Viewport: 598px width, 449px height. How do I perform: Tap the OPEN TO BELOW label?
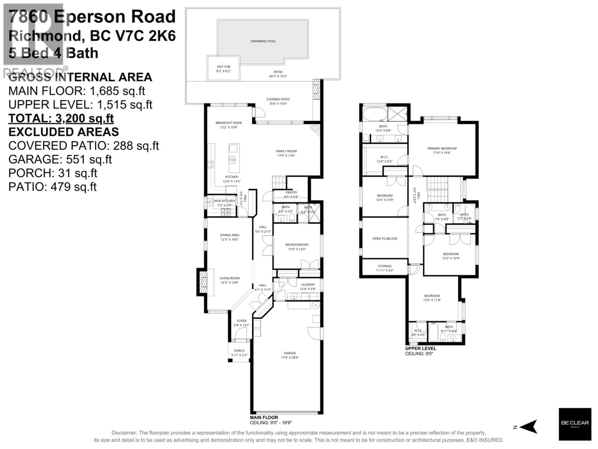385,238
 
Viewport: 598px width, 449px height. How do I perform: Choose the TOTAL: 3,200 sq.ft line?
61,118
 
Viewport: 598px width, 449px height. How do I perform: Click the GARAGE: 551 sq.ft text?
60,159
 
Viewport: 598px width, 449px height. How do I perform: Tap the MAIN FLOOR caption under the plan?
264,417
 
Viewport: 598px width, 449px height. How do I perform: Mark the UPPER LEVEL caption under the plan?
420,348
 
